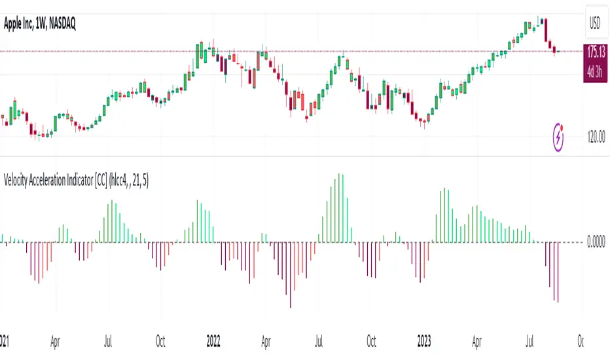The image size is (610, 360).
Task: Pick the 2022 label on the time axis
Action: (213, 341)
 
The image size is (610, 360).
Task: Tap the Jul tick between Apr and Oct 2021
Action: (108, 341)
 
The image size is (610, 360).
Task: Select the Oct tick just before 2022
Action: (160, 341)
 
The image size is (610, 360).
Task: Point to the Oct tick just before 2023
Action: (371, 341)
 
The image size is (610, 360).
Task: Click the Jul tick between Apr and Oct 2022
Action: (319, 341)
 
